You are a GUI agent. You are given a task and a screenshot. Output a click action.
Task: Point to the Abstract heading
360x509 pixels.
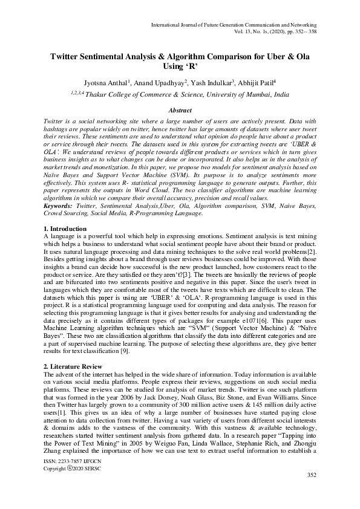point(180,111)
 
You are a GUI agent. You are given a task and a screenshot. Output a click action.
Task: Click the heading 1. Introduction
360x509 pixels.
point(66,229)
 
